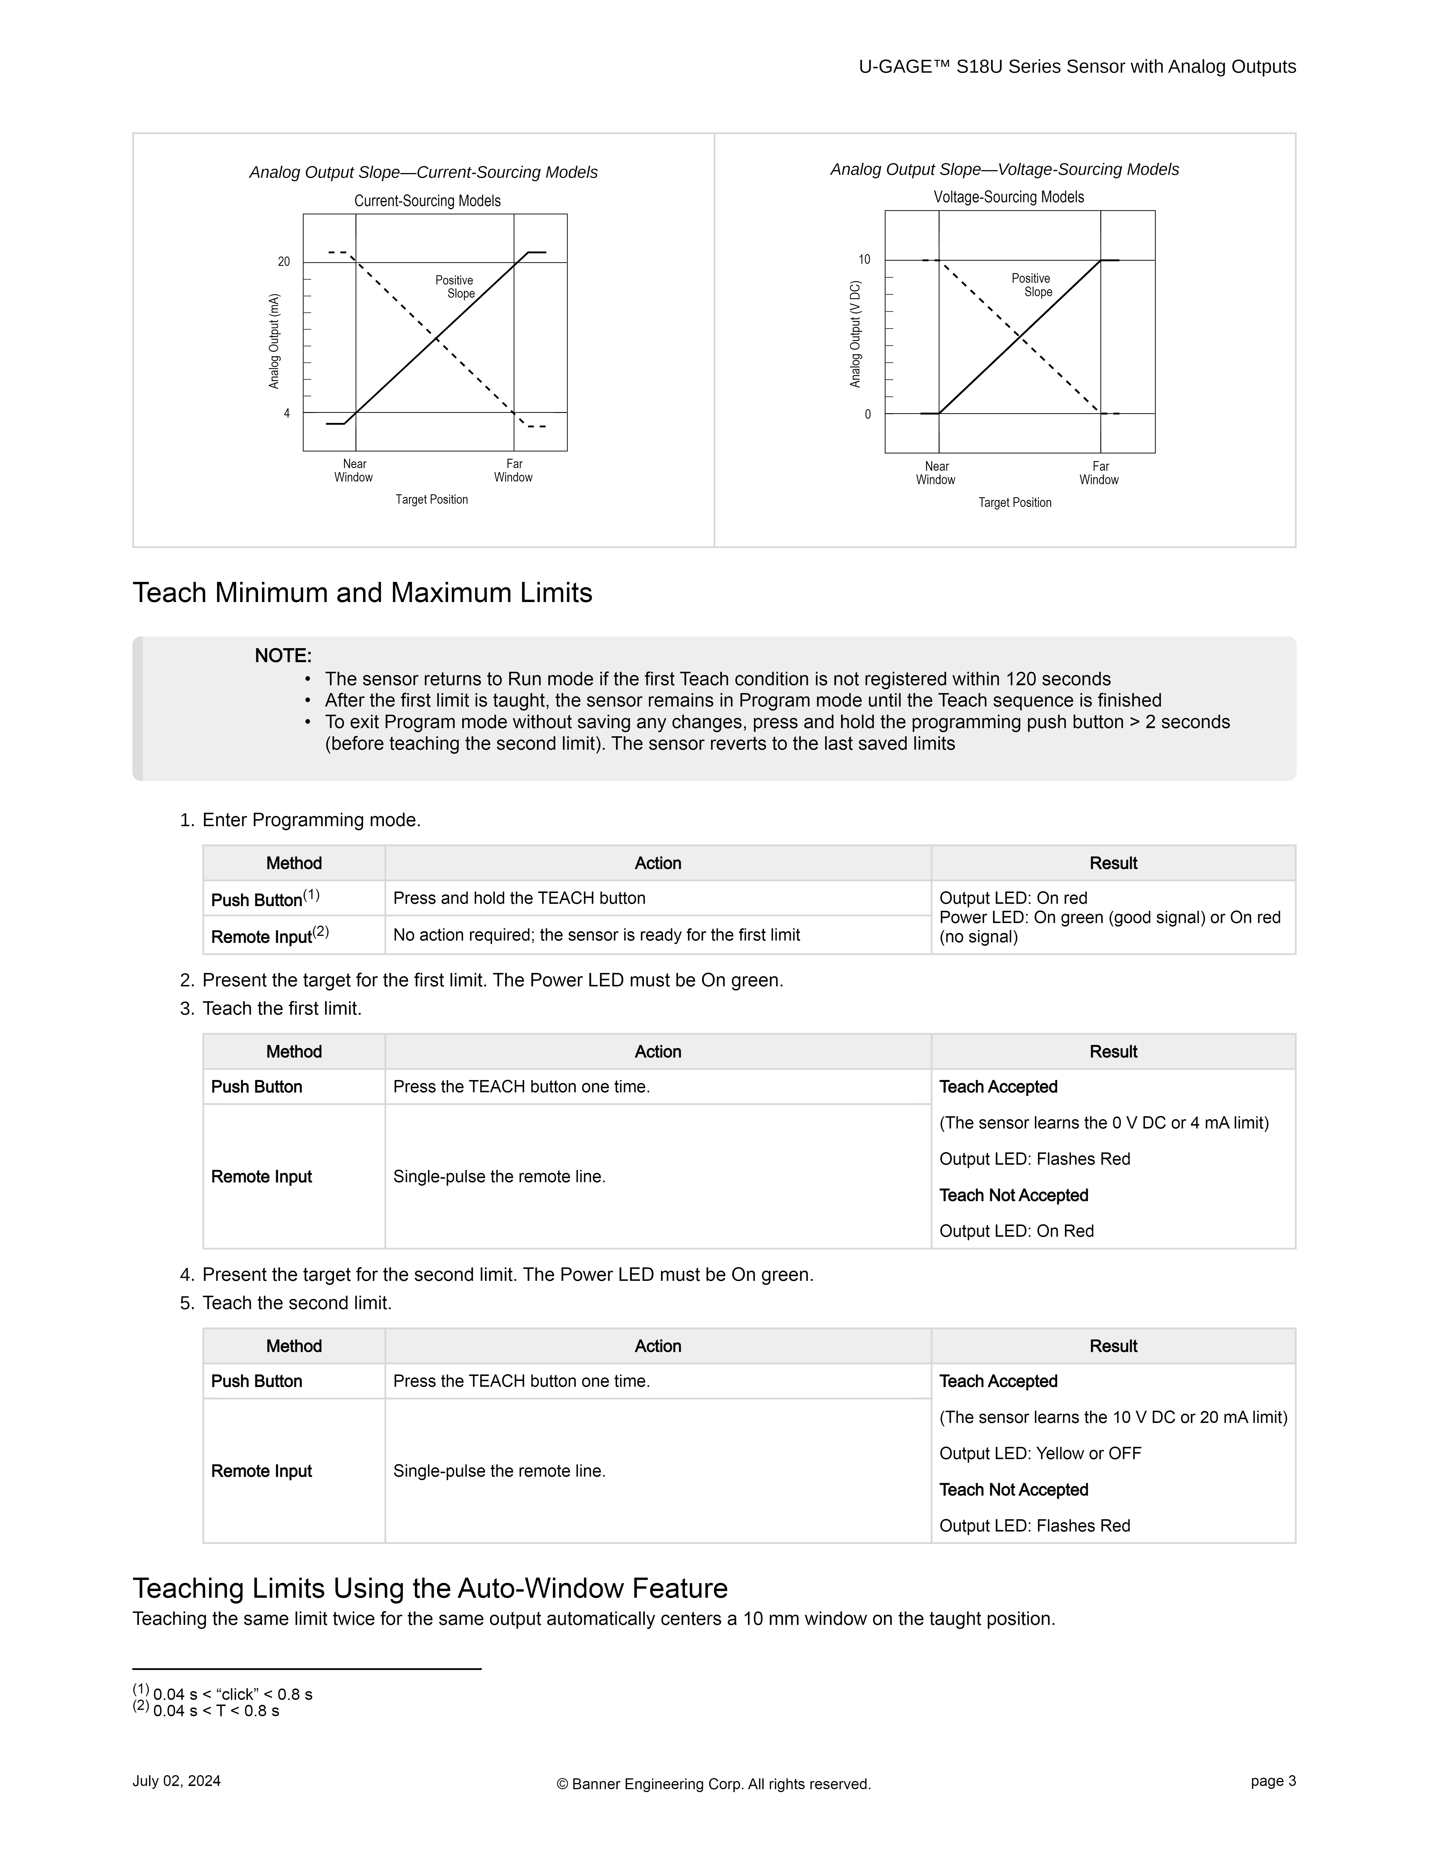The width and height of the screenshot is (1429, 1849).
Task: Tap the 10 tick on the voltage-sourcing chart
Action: (864, 260)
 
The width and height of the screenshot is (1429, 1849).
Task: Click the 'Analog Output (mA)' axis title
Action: (274, 341)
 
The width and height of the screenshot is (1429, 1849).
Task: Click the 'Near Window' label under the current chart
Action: (354, 471)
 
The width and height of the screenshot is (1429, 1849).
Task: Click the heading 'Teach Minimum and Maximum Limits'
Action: (362, 593)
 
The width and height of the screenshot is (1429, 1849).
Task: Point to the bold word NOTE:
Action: (283, 656)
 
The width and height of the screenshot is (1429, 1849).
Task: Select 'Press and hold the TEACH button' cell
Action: (519, 898)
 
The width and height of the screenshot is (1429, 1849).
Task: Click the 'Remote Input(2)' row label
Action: (269, 936)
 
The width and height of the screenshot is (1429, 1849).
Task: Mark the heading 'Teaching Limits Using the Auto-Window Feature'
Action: (430, 1588)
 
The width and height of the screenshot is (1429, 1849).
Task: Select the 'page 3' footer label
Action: (1272, 1781)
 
